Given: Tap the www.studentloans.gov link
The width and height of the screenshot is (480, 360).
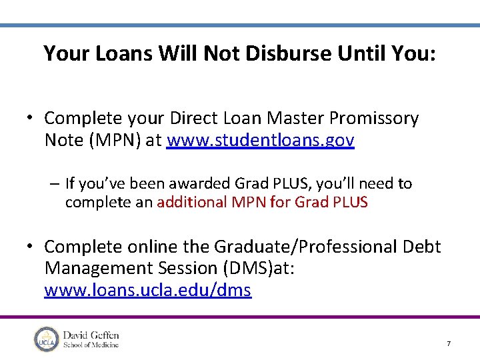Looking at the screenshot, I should pyautogui.click(x=261, y=141).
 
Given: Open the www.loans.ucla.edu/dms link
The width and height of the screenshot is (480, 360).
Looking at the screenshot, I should pyautogui.click(x=147, y=291).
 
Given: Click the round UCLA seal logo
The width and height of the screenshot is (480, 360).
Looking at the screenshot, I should pyautogui.click(x=46, y=339).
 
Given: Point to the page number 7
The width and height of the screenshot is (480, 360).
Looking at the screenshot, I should pyautogui.click(x=449, y=343).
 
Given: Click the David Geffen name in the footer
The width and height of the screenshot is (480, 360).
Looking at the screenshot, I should pyautogui.click(x=91, y=334).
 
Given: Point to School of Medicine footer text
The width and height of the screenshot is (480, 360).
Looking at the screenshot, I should pyautogui.click(x=91, y=345).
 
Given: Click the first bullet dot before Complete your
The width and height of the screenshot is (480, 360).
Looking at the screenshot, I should pyautogui.click(x=31, y=119).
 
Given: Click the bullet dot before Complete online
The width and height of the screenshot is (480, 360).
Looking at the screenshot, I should pyautogui.click(x=31, y=247).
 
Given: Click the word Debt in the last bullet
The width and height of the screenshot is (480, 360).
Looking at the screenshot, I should pyautogui.click(x=422, y=247).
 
